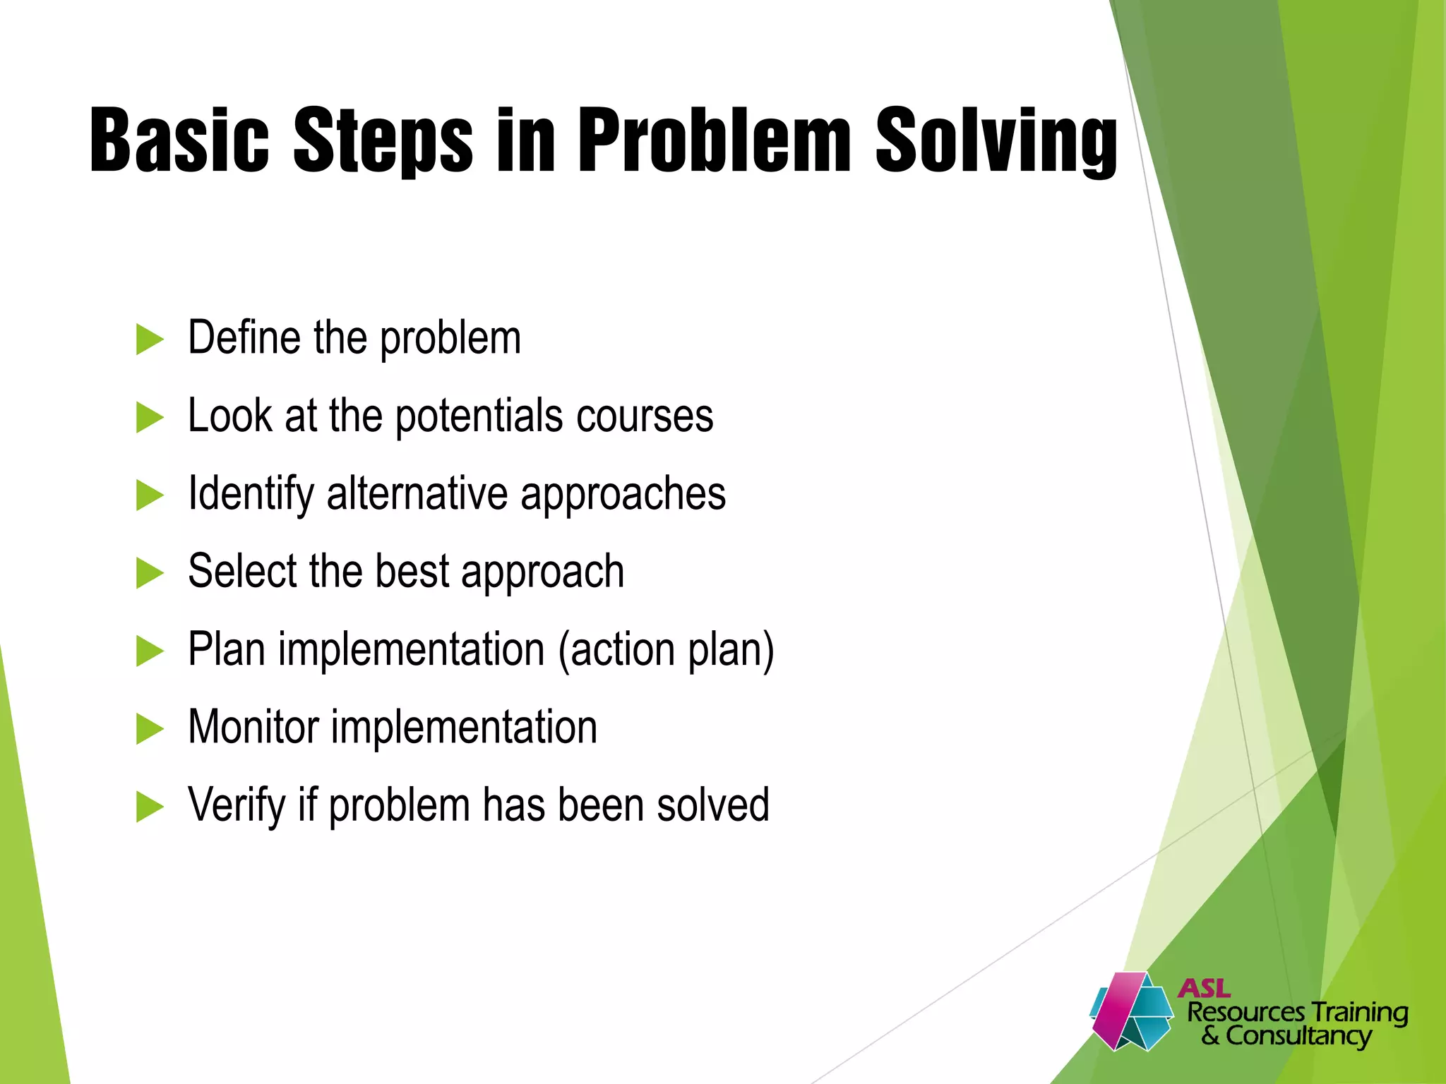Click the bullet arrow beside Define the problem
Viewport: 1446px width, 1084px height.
point(149,339)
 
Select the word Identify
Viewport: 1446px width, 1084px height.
point(251,494)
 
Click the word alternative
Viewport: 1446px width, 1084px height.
point(417,493)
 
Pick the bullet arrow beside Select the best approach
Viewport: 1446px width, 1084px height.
point(149,573)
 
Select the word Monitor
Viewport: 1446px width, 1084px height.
point(253,727)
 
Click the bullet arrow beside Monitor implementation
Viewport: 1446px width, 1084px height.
point(149,729)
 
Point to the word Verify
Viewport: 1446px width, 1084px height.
point(236,805)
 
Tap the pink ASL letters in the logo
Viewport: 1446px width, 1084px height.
point(1205,989)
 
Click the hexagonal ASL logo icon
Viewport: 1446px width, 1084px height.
point(1130,1011)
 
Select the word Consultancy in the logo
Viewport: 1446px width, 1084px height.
point(1298,1036)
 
